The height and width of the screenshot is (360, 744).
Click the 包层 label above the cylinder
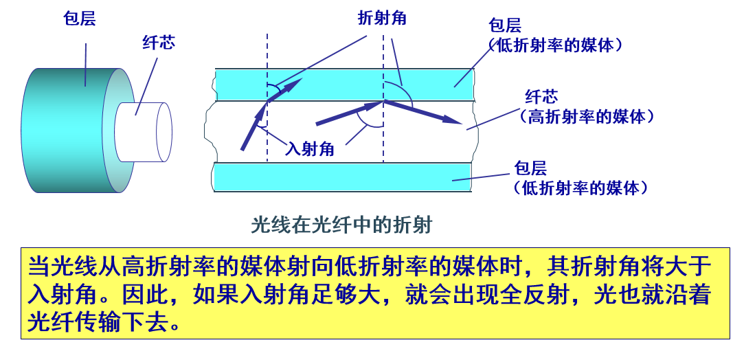[79, 19]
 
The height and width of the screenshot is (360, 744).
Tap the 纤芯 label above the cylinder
[159, 43]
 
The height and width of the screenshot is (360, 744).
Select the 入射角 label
[310, 148]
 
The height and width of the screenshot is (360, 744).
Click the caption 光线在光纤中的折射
[341, 225]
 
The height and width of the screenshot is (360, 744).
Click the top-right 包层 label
[505, 26]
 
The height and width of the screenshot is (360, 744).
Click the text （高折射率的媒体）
[586, 117]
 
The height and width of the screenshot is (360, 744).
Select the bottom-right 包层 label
[530, 168]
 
